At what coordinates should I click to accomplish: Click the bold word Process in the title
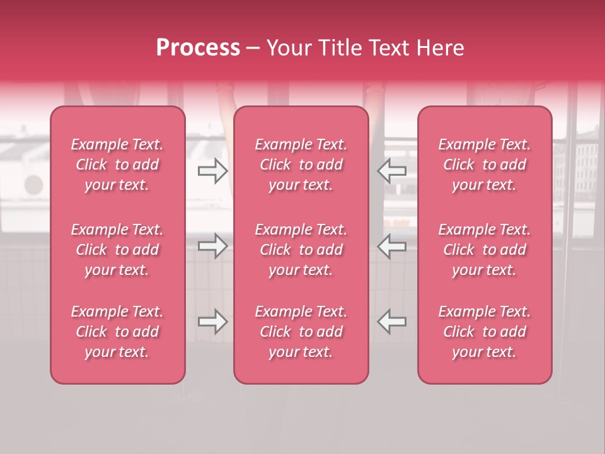[x=198, y=48]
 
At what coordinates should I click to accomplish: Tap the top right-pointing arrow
[x=212, y=170]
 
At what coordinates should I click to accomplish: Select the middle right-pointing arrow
[x=212, y=246]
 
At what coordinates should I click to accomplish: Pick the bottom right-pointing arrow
[x=212, y=322]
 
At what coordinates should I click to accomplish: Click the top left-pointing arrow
[x=392, y=170]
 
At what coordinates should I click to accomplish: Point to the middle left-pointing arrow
[x=392, y=246]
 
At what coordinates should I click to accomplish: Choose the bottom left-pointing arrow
[x=392, y=322]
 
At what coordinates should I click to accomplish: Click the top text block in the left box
[x=117, y=165]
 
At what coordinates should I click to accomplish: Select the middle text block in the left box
[x=117, y=250]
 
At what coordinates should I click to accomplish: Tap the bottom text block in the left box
[x=117, y=332]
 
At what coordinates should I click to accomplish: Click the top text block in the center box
[x=301, y=165]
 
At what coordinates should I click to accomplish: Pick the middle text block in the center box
[x=301, y=250]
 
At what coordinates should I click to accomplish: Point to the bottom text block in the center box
[x=301, y=332]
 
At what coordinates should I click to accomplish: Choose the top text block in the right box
[x=485, y=165]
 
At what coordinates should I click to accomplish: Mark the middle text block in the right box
[x=485, y=250]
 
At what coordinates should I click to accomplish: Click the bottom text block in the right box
[x=485, y=332]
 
